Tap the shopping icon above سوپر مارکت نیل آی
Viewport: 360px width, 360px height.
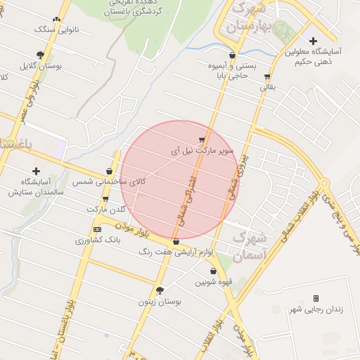202,139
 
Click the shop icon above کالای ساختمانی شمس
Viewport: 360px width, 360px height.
109,171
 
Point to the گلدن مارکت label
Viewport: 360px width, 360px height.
106,210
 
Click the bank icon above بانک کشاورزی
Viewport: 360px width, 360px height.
97,229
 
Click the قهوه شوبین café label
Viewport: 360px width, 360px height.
213,282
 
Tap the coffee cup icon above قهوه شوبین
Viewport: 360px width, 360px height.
213,271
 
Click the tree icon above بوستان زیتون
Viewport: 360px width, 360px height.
160,290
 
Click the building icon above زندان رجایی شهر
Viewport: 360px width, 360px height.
315,299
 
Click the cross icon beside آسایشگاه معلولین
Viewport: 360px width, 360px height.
313,41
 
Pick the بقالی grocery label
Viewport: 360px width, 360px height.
269,87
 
